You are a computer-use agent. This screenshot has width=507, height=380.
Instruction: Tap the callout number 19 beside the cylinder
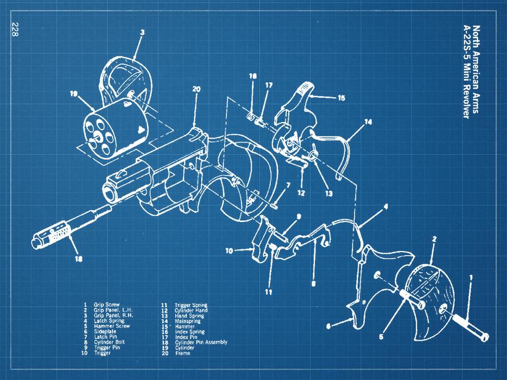73,94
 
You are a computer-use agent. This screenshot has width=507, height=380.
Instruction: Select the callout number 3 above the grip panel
142,33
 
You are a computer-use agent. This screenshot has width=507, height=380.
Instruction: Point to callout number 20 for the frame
197,89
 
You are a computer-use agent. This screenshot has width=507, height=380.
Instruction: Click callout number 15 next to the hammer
341,98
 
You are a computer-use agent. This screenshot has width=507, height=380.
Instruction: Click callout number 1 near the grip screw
470,278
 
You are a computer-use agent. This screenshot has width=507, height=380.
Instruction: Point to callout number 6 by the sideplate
328,325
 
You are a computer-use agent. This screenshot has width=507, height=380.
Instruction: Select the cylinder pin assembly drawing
68,228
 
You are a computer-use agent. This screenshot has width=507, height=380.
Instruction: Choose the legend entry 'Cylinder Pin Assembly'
201,342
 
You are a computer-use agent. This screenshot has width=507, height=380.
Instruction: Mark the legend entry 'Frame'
183,353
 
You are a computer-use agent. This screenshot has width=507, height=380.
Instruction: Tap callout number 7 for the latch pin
288,185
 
